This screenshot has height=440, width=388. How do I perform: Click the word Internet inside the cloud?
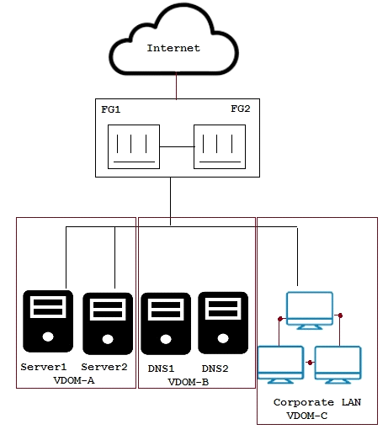point(173,48)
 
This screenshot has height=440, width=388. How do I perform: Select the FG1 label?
point(111,109)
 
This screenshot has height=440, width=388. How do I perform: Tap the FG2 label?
point(241,109)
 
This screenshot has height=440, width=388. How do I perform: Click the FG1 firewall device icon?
point(134,146)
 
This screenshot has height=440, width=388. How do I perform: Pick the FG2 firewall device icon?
point(220,146)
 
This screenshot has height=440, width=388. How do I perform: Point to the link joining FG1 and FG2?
point(177,146)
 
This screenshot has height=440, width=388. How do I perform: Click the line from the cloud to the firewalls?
point(176,86)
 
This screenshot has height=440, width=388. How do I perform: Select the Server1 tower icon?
point(48,321)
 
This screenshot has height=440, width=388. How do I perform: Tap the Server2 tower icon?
point(108,324)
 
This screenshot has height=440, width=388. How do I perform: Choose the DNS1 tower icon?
point(166,324)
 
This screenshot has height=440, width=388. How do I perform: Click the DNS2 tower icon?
point(223,323)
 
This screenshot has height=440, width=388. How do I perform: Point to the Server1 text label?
point(44,367)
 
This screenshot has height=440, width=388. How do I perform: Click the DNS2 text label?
point(215,368)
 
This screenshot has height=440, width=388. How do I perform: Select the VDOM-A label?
point(74,380)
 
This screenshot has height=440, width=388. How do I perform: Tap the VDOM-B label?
point(189,382)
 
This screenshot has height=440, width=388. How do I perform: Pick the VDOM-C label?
point(307,416)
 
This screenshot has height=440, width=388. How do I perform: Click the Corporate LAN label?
point(317,402)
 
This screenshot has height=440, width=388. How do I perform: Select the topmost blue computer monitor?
point(310,310)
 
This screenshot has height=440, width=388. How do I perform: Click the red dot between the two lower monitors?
point(310,363)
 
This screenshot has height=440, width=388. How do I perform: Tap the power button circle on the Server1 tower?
point(48,337)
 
